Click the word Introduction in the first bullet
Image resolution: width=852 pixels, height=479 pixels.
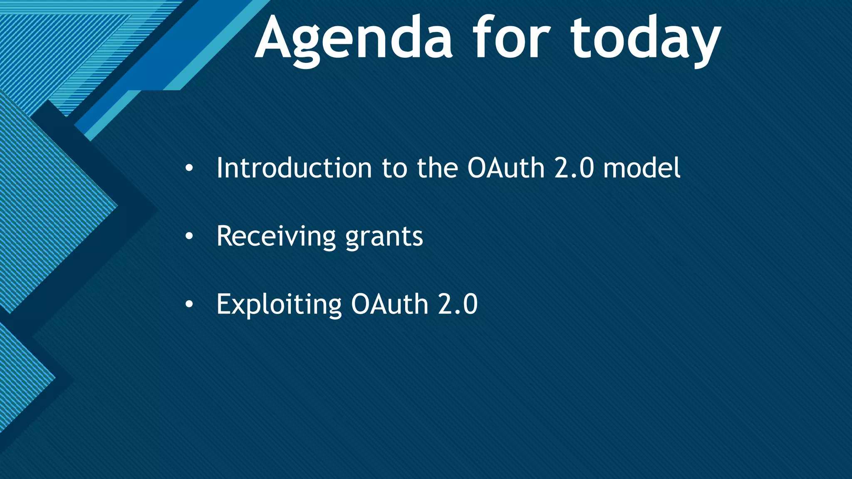click(294, 168)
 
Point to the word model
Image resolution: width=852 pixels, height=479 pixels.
click(642, 168)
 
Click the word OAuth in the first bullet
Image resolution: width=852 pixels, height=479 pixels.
click(506, 168)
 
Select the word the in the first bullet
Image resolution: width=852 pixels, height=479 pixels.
click(437, 168)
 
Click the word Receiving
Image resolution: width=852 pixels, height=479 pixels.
click(276, 236)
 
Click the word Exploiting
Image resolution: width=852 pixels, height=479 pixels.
click(279, 304)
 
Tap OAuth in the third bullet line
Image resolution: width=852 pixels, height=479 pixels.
click(390, 304)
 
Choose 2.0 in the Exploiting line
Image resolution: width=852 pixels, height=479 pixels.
click(458, 304)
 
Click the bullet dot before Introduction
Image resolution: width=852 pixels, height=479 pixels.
click(189, 169)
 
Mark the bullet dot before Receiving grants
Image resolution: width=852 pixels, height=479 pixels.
click(189, 237)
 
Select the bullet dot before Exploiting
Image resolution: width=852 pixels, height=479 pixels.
click(189, 305)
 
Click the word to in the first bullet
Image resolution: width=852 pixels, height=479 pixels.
click(394, 168)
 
